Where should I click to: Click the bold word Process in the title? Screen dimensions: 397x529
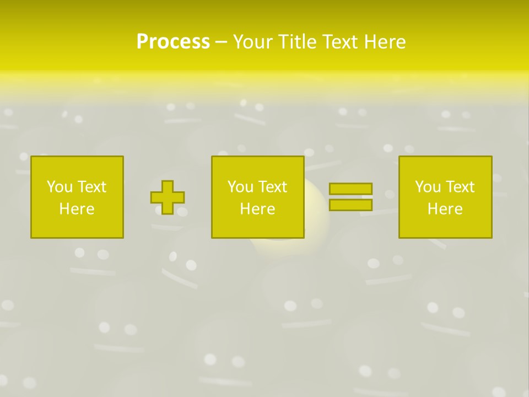point(173,42)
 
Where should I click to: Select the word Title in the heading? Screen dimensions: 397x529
point(296,42)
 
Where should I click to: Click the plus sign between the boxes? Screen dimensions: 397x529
point(168,197)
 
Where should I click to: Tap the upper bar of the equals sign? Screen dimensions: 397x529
point(350,189)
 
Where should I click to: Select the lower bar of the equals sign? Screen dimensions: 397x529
point(350,205)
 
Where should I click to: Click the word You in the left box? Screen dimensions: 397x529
point(60,187)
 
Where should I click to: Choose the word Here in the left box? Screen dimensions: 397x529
point(77,209)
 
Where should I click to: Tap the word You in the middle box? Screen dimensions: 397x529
point(240,187)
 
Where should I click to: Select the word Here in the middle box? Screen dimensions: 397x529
point(257,209)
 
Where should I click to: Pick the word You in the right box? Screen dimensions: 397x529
point(428,187)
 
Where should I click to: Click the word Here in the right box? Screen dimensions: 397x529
point(445,209)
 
